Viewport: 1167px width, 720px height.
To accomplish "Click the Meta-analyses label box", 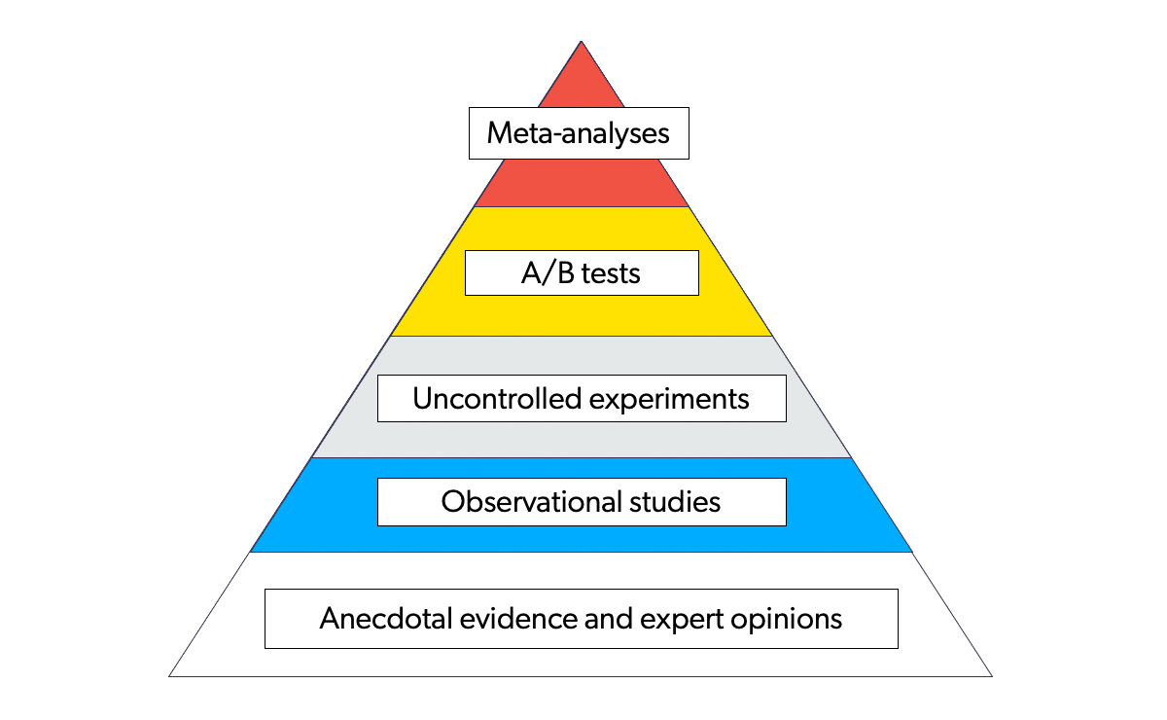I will tap(579, 133).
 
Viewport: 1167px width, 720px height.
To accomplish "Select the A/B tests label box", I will tap(582, 272).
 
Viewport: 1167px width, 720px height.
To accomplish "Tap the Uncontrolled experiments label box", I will tap(582, 399).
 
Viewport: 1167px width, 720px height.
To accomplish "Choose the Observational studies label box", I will tap(582, 502).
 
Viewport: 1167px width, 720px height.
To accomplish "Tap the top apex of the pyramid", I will tap(582, 42).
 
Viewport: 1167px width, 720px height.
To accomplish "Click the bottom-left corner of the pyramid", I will tap(170, 675).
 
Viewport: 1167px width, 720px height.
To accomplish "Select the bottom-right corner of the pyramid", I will tap(991, 675).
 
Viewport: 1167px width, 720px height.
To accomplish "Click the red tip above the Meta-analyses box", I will tap(582, 83).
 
